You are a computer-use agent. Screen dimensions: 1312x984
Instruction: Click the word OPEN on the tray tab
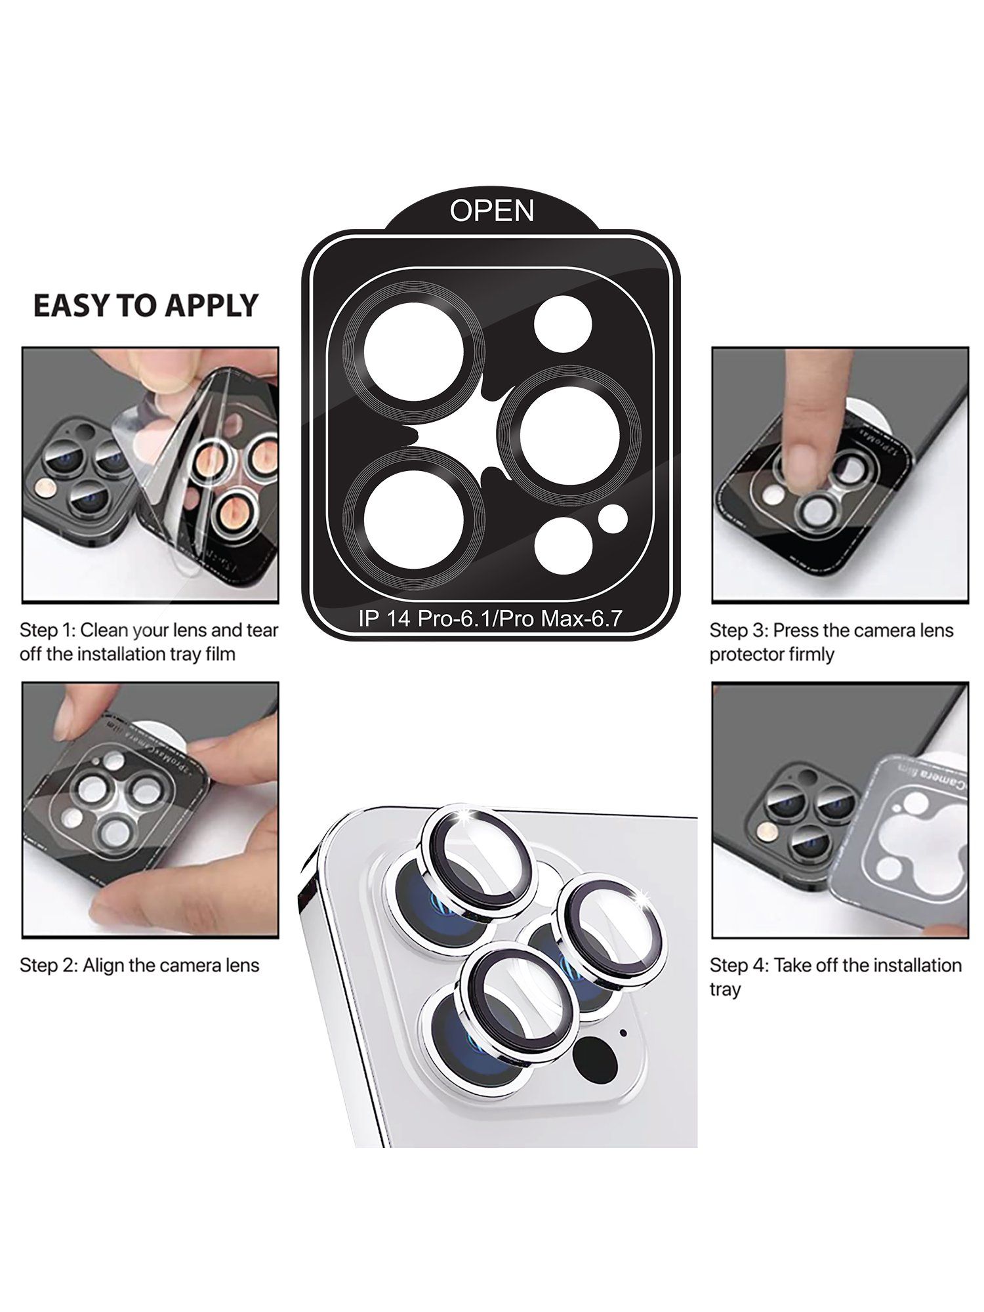pos(492,211)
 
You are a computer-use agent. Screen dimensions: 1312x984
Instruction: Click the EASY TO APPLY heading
pos(146,306)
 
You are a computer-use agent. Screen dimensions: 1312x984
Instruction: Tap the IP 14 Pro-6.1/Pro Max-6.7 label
pos(490,618)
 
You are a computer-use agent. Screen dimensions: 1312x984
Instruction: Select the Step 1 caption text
pos(149,642)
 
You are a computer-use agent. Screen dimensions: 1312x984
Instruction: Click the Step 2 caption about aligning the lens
pos(139,965)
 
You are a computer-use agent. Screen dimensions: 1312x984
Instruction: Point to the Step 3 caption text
pos(830,642)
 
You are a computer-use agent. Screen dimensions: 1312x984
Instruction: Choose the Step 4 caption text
pos(835,977)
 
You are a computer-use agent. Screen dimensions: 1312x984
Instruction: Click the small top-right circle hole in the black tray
pos(563,324)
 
